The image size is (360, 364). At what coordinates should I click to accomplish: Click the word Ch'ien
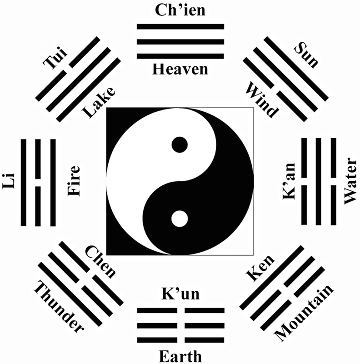coord(180,10)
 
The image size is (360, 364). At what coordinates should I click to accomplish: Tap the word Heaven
coord(180,69)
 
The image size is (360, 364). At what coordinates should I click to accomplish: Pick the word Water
coord(351,181)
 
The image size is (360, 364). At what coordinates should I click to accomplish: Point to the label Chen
coord(101,263)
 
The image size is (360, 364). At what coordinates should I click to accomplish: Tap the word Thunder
coord(59,305)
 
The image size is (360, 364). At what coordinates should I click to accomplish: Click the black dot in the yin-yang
coord(180,145)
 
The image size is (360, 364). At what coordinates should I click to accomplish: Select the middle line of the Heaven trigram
coord(180,41)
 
